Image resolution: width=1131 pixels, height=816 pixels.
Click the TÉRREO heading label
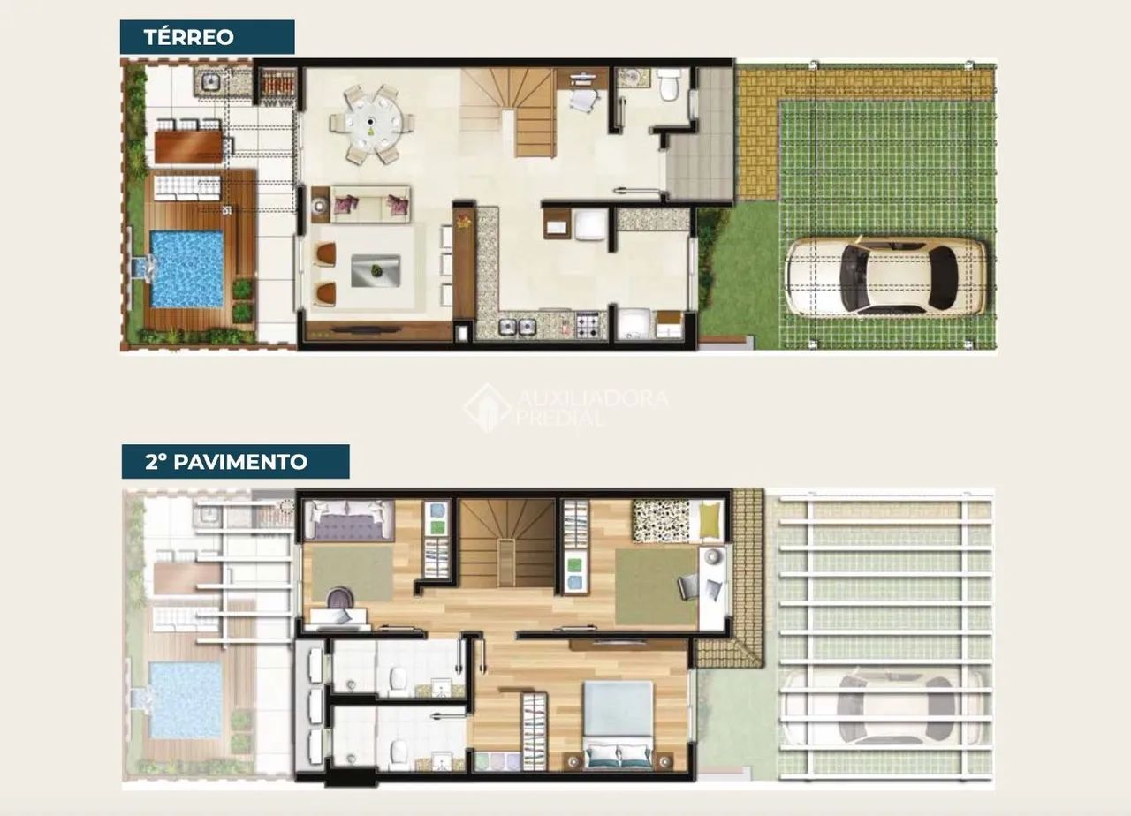pos(188,37)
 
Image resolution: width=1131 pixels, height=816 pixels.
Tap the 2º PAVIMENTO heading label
pos(226,462)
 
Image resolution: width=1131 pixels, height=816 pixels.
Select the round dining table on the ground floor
pos(372,124)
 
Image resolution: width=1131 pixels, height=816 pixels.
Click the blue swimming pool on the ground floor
pos(186,269)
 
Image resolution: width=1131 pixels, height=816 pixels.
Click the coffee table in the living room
pos(376,271)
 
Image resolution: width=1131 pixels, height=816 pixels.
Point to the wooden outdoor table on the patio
pos(188,147)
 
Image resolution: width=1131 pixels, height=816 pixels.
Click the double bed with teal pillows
pos(618,725)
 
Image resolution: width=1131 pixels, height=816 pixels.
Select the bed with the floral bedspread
pos(678,521)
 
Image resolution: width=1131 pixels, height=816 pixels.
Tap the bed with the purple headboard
pos(349,520)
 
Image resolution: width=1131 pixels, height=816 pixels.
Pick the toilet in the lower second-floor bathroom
pos(399,751)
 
